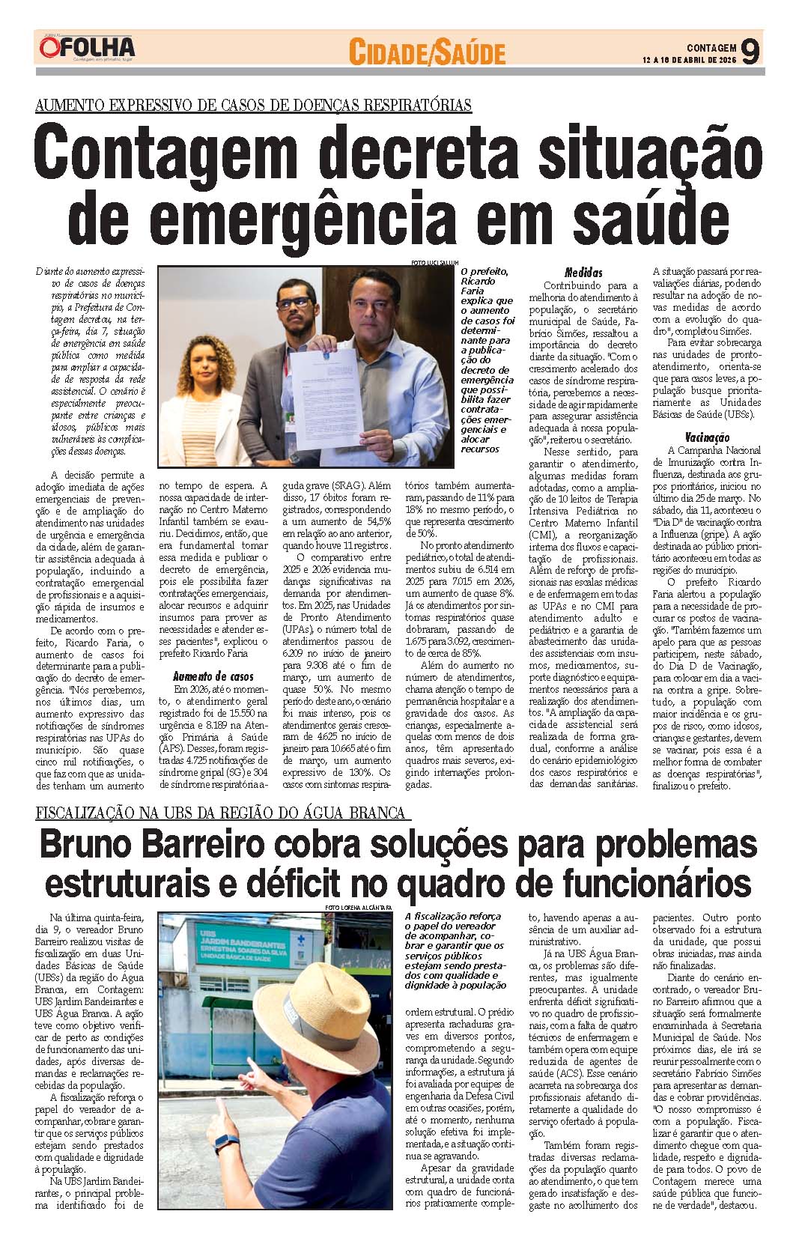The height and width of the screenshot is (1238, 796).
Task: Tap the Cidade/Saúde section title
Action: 428,52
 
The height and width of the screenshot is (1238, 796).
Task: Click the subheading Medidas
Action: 583,273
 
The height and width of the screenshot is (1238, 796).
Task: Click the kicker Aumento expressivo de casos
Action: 253,104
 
